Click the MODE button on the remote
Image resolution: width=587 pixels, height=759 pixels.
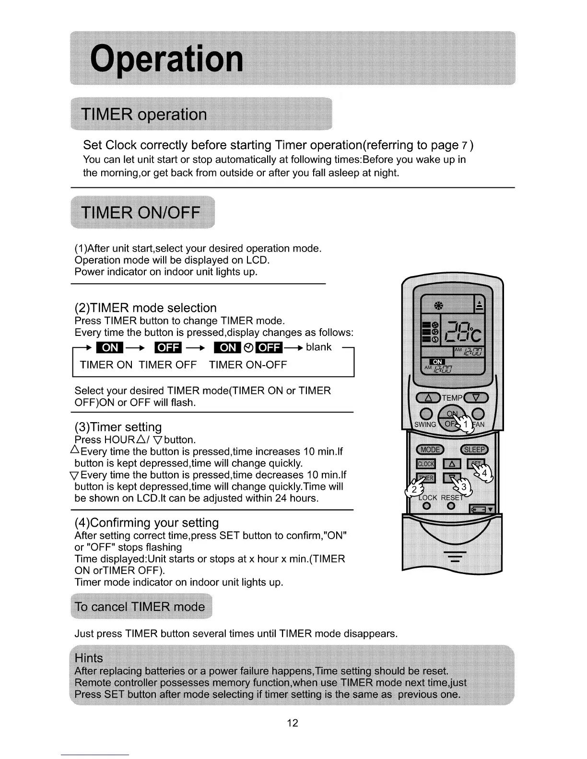430,449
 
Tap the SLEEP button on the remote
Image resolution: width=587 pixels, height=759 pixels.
474,449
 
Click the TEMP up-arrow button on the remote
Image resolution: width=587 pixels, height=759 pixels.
429,398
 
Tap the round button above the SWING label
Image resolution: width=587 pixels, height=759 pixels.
426,414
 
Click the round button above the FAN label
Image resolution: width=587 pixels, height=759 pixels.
478,414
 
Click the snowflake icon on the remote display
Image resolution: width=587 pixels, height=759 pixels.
438,306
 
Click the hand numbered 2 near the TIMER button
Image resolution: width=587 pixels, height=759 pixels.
415,489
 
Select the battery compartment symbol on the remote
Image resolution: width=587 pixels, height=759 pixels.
481,509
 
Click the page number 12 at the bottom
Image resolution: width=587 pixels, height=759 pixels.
293,723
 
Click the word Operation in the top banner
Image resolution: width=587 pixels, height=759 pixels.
167,58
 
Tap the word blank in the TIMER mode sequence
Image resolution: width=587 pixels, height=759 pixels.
318,347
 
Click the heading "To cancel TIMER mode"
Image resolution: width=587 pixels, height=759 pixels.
140,607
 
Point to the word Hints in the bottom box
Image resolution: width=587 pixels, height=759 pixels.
89,658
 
